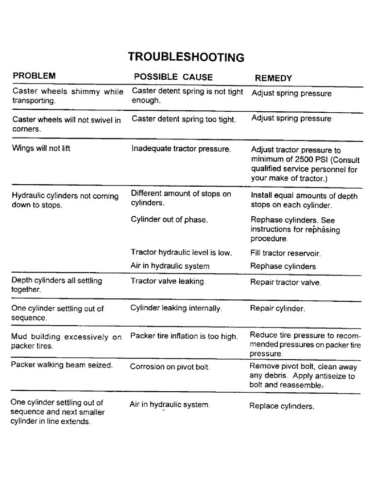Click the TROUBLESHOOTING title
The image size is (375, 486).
click(186, 57)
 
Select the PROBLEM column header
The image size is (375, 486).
click(34, 76)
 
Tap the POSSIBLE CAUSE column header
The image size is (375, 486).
click(173, 77)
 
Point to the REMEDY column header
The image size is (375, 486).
click(273, 78)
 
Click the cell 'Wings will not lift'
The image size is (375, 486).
click(41, 149)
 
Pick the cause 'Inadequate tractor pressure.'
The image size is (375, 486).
click(181, 149)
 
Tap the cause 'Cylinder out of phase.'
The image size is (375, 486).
click(170, 220)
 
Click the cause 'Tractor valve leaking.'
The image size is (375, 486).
click(169, 281)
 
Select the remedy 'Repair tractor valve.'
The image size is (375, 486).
click(286, 282)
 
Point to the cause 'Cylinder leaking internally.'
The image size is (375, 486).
click(176, 309)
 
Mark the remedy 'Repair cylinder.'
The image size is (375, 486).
click(277, 309)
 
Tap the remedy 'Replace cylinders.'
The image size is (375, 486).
click(282, 406)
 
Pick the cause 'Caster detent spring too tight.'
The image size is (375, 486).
click(184, 120)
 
